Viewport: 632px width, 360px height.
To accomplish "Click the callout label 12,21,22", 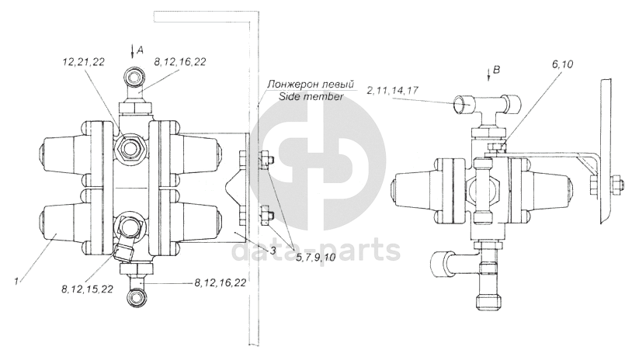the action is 83,61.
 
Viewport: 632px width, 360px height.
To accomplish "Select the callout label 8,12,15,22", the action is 88,289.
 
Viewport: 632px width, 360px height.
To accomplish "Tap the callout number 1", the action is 16,282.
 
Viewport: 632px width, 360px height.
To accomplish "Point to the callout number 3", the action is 273,251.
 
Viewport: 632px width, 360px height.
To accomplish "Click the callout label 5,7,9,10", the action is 316,257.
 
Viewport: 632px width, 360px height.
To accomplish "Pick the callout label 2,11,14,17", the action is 393,90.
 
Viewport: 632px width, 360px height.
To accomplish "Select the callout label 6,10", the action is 561,64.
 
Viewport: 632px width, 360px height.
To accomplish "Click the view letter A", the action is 141,50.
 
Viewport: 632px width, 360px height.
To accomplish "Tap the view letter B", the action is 497,70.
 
